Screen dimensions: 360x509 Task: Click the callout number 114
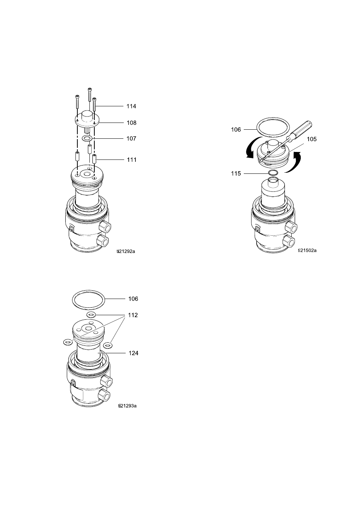pyautogui.click(x=131, y=106)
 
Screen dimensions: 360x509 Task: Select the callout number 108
pyautogui.click(x=131, y=123)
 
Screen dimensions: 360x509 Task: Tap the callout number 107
pyautogui.click(x=131, y=139)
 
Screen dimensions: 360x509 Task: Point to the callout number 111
pyautogui.click(x=132, y=160)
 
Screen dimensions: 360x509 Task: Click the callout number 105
pyautogui.click(x=312, y=139)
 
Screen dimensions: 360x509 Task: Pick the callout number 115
pyautogui.click(x=236, y=173)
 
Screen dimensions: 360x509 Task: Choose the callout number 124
pyautogui.click(x=134, y=353)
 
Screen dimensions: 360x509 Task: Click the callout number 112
pyautogui.click(x=133, y=315)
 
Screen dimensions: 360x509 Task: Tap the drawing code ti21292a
pyautogui.click(x=126, y=251)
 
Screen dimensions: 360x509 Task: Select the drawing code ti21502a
pyautogui.click(x=307, y=250)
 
